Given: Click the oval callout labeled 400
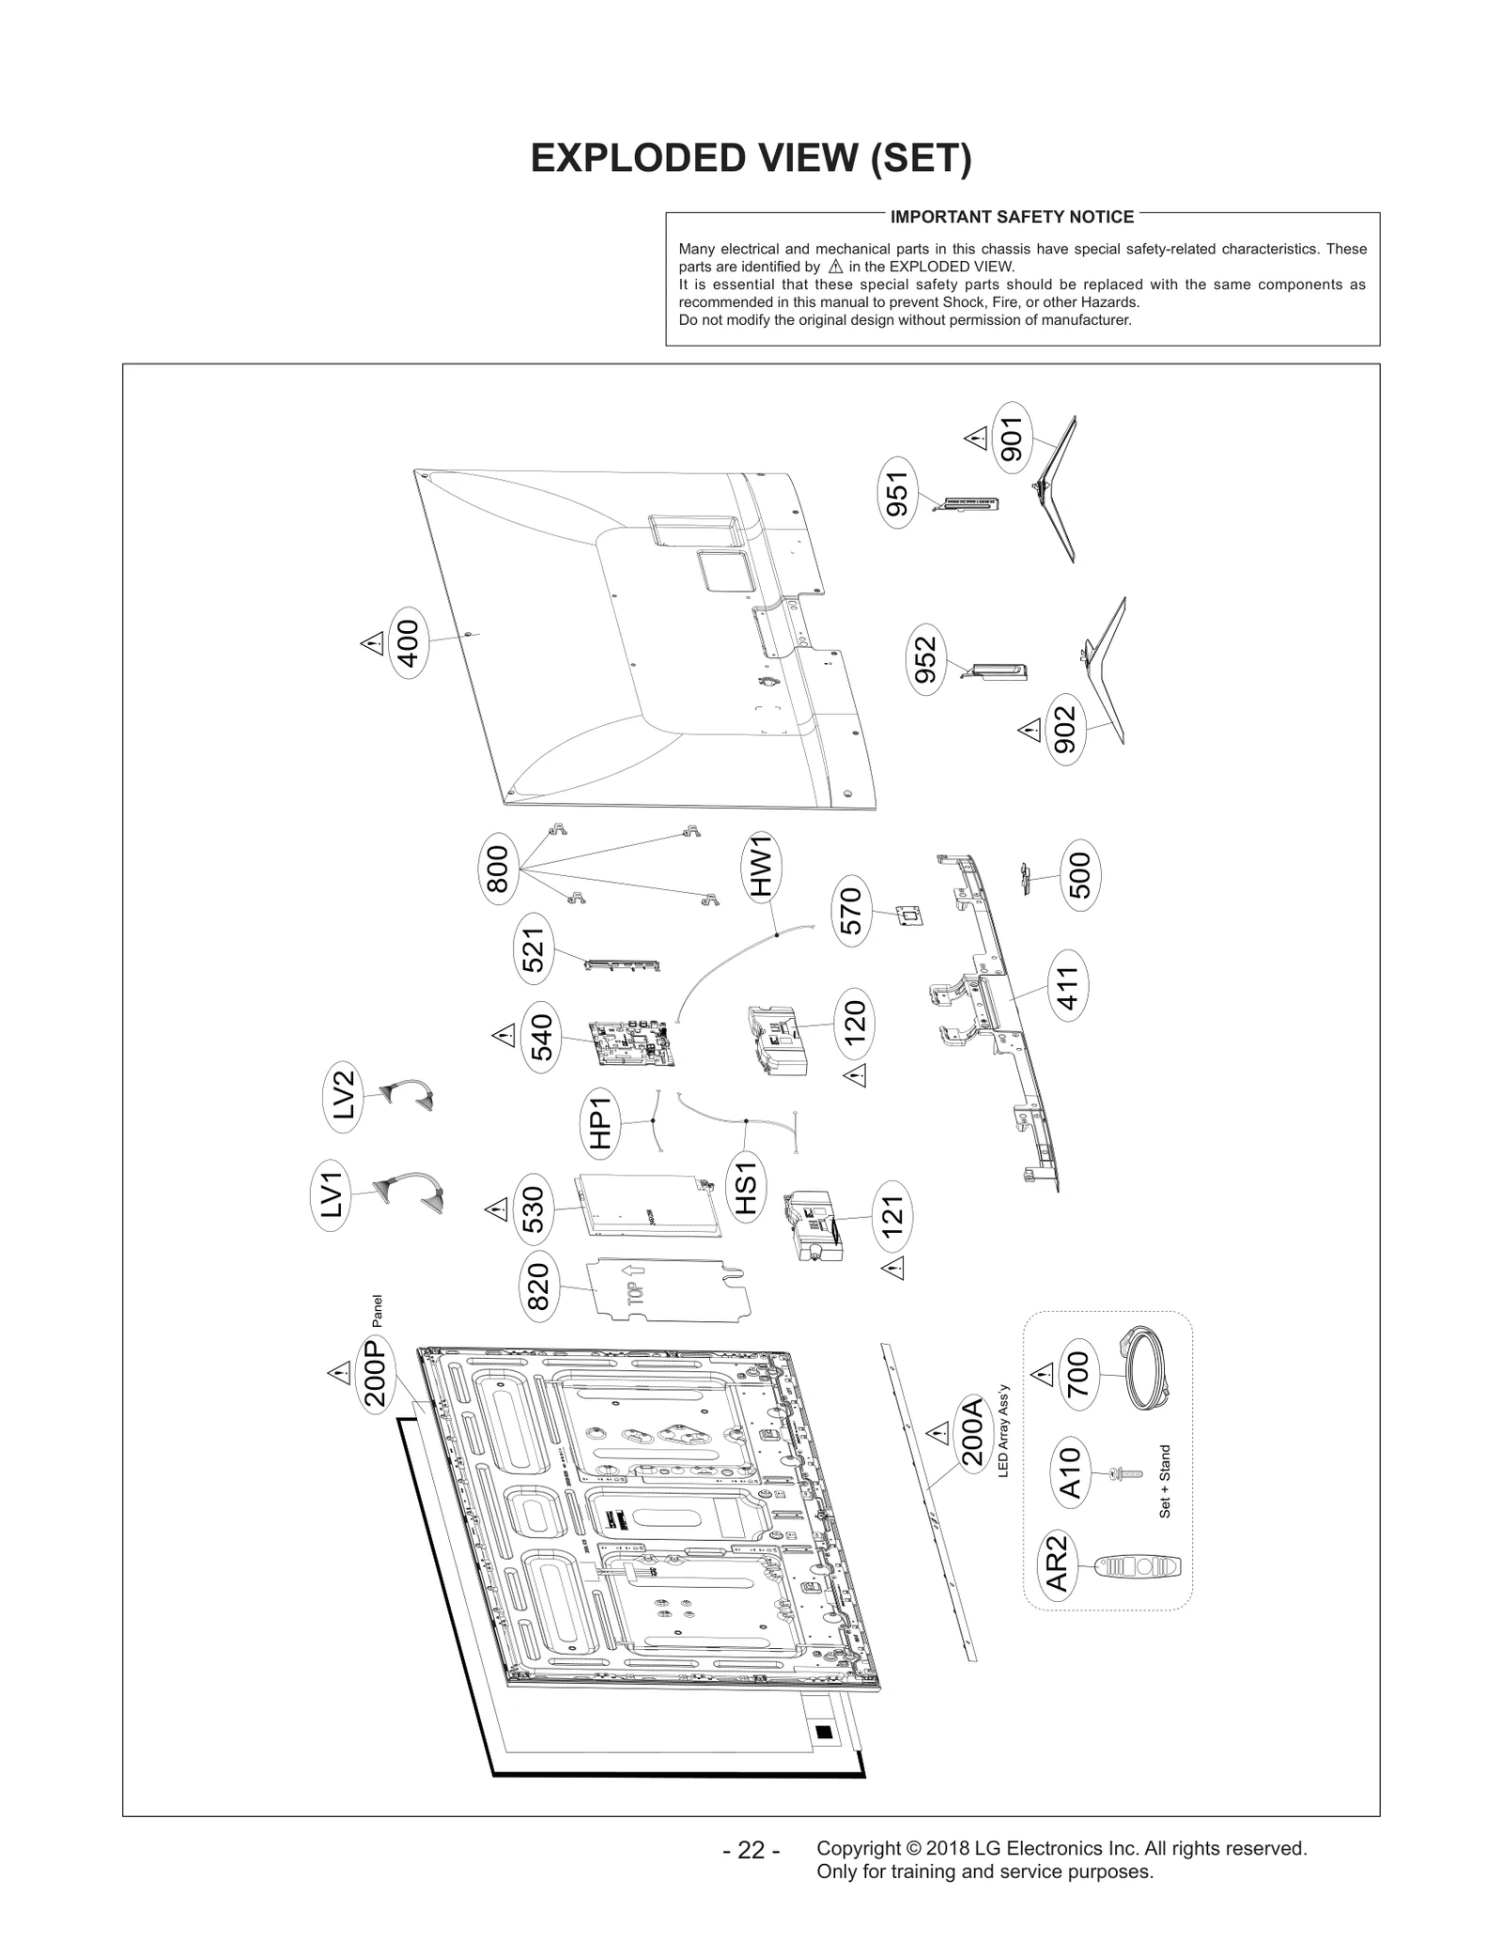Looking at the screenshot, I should click(408, 642).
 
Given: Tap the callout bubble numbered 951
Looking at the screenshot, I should click(898, 493).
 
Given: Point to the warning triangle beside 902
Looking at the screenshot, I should click(1029, 729).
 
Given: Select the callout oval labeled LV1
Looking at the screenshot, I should click(332, 1194).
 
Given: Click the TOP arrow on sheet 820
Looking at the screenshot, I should click(631, 1278).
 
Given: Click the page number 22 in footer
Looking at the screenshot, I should click(751, 1850).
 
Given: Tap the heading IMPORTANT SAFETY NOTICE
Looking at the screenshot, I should click(1012, 217).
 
